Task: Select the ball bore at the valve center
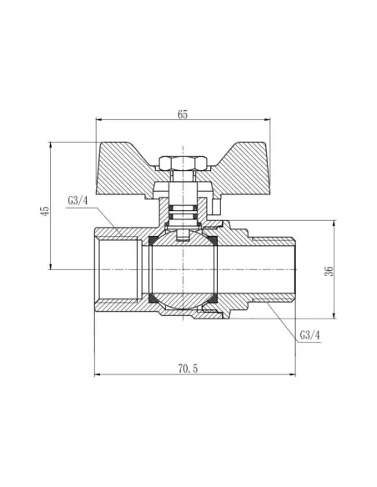click(183, 269)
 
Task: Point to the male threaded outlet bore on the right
click(267, 269)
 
